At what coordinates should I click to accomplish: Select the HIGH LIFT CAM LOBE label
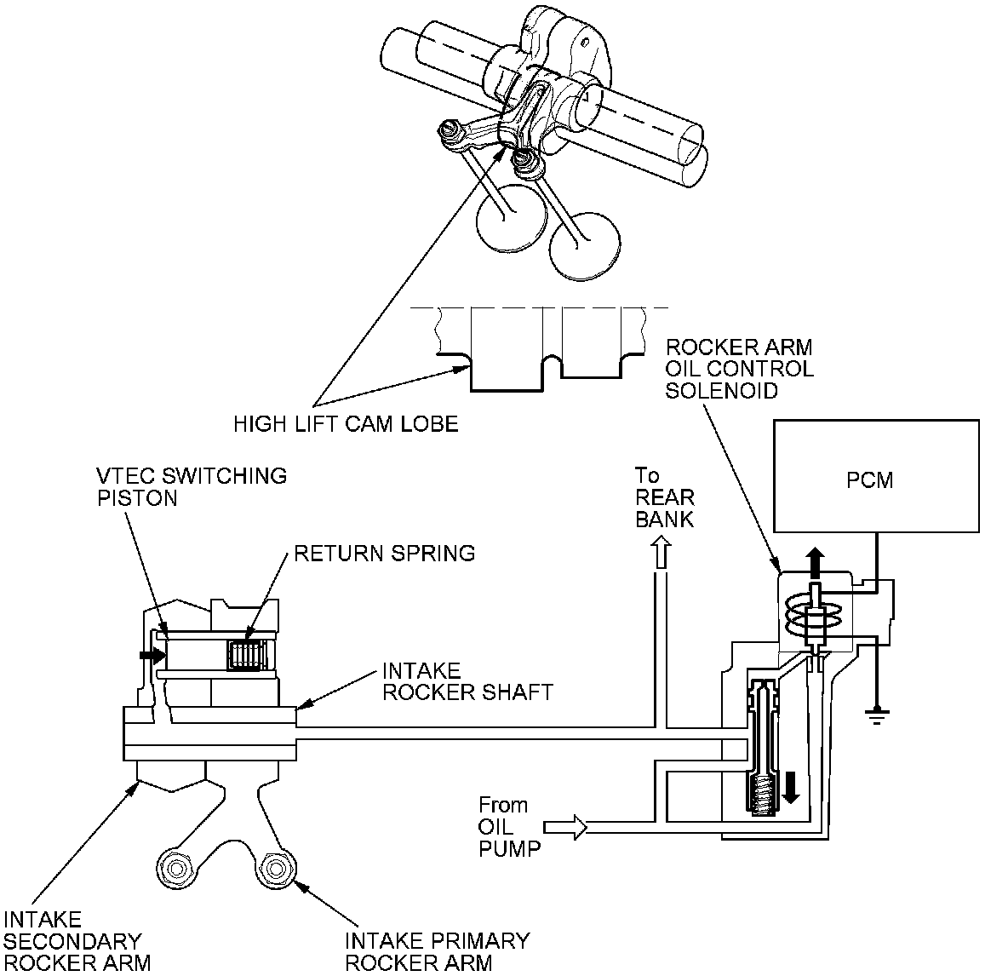[x=346, y=423]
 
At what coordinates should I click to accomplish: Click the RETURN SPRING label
[x=384, y=554]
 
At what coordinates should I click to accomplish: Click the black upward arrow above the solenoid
[x=815, y=563]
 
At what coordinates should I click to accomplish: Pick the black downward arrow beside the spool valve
[x=791, y=786]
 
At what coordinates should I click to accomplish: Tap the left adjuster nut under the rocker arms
[x=177, y=870]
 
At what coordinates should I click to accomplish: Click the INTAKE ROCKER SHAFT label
[x=467, y=680]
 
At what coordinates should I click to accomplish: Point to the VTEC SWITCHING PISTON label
[x=190, y=486]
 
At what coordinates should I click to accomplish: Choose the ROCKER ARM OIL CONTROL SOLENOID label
[x=739, y=370]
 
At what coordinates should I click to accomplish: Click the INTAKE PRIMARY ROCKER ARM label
[x=437, y=951]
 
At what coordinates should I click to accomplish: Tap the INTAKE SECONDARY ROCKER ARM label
[x=73, y=941]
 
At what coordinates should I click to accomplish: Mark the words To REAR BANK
[x=664, y=497]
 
